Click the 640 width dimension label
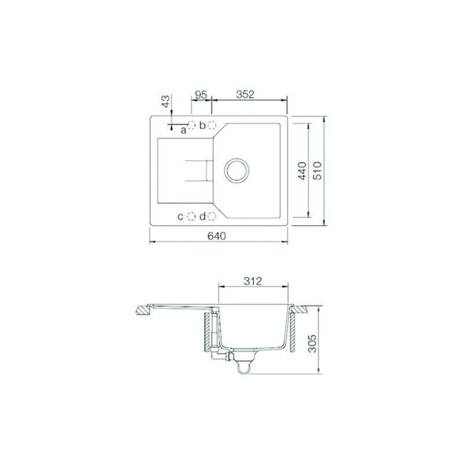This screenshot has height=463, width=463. click(216, 236)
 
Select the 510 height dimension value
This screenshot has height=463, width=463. click(318, 171)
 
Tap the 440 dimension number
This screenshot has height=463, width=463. click(302, 171)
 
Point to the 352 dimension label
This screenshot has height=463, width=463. click(245, 94)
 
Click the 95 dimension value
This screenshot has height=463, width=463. click(201, 94)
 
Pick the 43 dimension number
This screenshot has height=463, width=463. click(166, 101)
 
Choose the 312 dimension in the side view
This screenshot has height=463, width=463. click(253, 281)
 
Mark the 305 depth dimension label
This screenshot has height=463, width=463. click(312, 344)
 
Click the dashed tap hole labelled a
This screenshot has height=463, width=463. click(191, 125)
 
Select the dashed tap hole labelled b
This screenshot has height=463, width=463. click(211, 125)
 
